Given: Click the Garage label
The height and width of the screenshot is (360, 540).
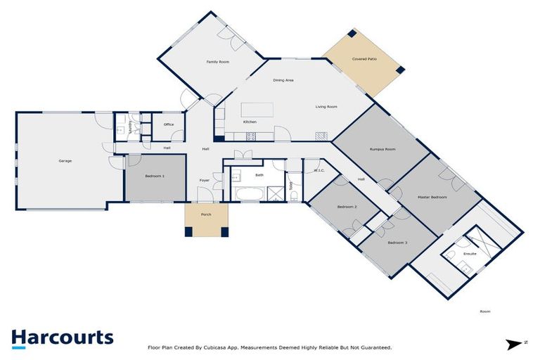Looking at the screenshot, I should [65, 161].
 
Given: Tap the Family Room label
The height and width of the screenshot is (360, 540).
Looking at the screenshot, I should [217, 62].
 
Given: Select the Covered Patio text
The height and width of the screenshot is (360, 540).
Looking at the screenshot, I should [364, 59].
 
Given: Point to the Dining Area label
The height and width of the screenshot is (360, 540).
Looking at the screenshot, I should [283, 80].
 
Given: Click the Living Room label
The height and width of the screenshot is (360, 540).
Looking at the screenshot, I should [326, 107].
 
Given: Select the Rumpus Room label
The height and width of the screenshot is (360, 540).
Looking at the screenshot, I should [382, 149].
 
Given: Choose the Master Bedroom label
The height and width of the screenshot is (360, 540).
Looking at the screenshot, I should [432, 197].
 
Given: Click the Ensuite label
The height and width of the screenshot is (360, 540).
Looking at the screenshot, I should [470, 254].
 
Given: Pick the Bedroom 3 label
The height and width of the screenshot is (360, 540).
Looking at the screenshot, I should [397, 243].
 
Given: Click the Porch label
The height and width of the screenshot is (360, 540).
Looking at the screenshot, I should [207, 214].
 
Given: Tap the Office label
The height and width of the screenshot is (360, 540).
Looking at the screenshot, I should [169, 124].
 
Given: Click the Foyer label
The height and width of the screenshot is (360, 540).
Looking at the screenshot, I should [205, 181].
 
